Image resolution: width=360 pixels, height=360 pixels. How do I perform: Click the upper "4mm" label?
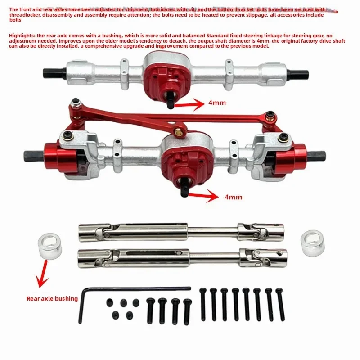click(x=217, y=103)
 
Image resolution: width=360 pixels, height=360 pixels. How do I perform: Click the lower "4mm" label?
click(x=233, y=197)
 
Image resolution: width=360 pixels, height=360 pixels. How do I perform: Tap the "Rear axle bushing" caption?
click(x=52, y=298)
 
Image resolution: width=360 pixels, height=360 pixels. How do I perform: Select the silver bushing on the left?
click(x=50, y=246)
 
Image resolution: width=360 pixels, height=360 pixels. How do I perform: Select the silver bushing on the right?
click(x=312, y=243)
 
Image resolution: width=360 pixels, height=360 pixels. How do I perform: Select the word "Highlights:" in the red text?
click(x=22, y=35)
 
